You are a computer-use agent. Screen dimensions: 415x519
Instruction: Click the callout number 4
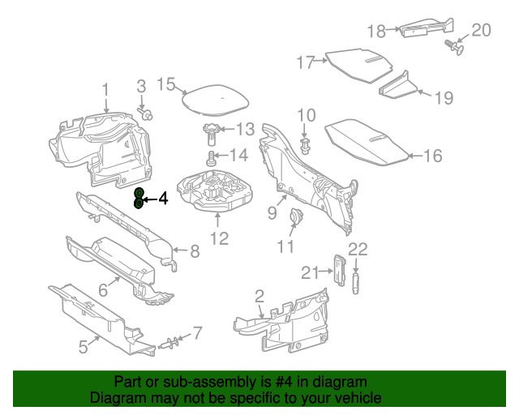[x=162, y=198]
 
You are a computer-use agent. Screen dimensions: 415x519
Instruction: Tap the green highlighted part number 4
[x=139, y=197]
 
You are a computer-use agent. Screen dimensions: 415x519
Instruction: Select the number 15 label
[x=165, y=84]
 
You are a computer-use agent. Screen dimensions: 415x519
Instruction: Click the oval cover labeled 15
[x=212, y=100]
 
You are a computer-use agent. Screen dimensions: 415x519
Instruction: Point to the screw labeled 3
[x=147, y=115]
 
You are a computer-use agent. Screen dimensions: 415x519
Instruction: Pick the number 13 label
[x=244, y=129]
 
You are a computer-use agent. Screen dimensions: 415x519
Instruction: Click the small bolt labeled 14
[x=212, y=156]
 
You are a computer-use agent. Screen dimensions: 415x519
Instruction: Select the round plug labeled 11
[x=296, y=216]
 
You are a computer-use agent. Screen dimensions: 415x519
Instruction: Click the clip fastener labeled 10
[x=305, y=147]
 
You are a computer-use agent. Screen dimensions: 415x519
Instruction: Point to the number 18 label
[x=376, y=32]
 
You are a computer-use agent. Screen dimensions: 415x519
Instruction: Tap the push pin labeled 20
[x=457, y=49]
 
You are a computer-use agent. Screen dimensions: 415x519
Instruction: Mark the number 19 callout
[x=443, y=98]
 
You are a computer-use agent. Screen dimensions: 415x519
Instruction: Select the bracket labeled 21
[x=338, y=268]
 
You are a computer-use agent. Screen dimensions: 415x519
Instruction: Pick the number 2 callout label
[x=259, y=296]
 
